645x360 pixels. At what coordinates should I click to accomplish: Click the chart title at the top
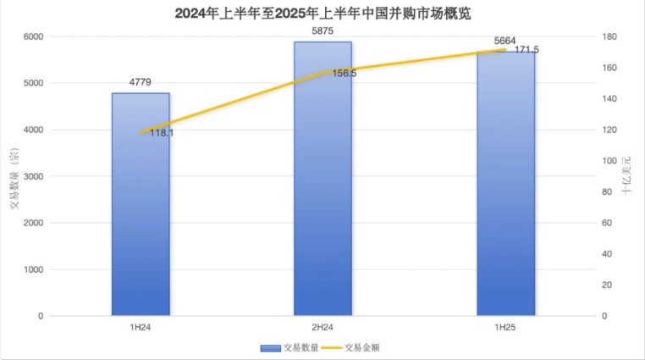322,14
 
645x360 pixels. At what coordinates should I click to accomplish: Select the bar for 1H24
141,203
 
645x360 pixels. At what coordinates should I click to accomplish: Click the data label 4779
141,83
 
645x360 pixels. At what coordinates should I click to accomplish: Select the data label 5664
505,41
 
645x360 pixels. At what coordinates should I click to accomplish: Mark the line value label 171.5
526,50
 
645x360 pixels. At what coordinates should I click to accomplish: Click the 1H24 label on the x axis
141,326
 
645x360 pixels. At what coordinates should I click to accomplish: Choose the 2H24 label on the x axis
322,326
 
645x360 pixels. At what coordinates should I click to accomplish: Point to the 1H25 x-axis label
505,326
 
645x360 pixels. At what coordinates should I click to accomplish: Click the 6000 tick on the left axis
33,36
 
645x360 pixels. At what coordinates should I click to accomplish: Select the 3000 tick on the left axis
33,176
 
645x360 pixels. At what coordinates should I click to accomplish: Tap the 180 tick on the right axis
609,37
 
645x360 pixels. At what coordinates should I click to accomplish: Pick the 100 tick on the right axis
609,161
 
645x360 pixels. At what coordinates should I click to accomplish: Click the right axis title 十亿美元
627,176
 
